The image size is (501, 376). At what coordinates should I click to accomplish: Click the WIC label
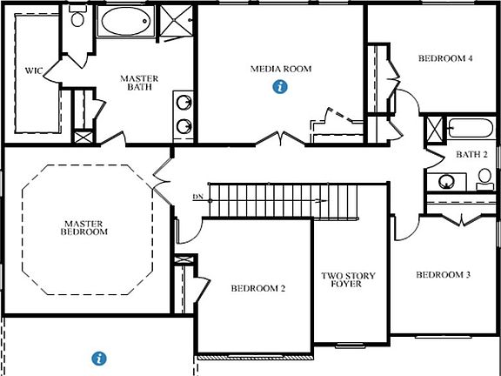[34, 70]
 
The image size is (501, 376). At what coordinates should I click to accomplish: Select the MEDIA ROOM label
[280, 69]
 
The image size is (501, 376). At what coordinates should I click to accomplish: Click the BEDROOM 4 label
[445, 59]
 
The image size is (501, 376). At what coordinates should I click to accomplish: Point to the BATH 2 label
[474, 154]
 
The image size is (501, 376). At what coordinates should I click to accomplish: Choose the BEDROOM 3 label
[443, 275]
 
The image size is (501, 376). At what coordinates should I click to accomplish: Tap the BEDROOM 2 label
[258, 289]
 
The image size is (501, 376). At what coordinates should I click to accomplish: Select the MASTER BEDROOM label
[84, 227]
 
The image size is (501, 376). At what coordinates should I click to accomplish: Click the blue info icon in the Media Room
[280, 86]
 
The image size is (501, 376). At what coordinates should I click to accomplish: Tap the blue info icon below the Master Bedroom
[99, 358]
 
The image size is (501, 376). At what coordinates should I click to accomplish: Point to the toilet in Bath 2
[484, 178]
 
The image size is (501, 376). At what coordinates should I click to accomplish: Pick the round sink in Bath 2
[445, 182]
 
